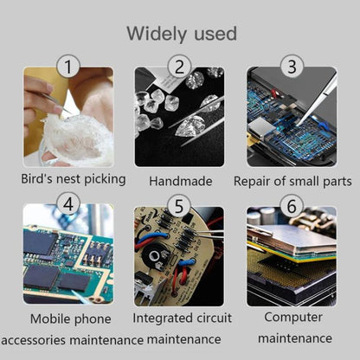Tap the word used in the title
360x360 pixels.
click(x=215, y=34)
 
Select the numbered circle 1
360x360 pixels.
click(x=68, y=67)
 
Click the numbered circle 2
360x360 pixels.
click(x=179, y=67)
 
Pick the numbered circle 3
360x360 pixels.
click(x=292, y=67)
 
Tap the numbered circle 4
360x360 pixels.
click(x=68, y=204)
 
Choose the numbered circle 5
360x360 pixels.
click(x=179, y=206)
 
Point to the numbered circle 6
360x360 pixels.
click(x=292, y=206)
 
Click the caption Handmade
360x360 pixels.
click(x=181, y=181)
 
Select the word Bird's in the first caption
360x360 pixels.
click(x=37, y=179)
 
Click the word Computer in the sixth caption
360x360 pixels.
click(x=293, y=318)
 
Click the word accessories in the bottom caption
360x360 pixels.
click(x=34, y=340)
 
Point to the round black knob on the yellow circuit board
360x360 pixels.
click(x=155, y=256)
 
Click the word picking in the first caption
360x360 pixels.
click(x=105, y=179)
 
